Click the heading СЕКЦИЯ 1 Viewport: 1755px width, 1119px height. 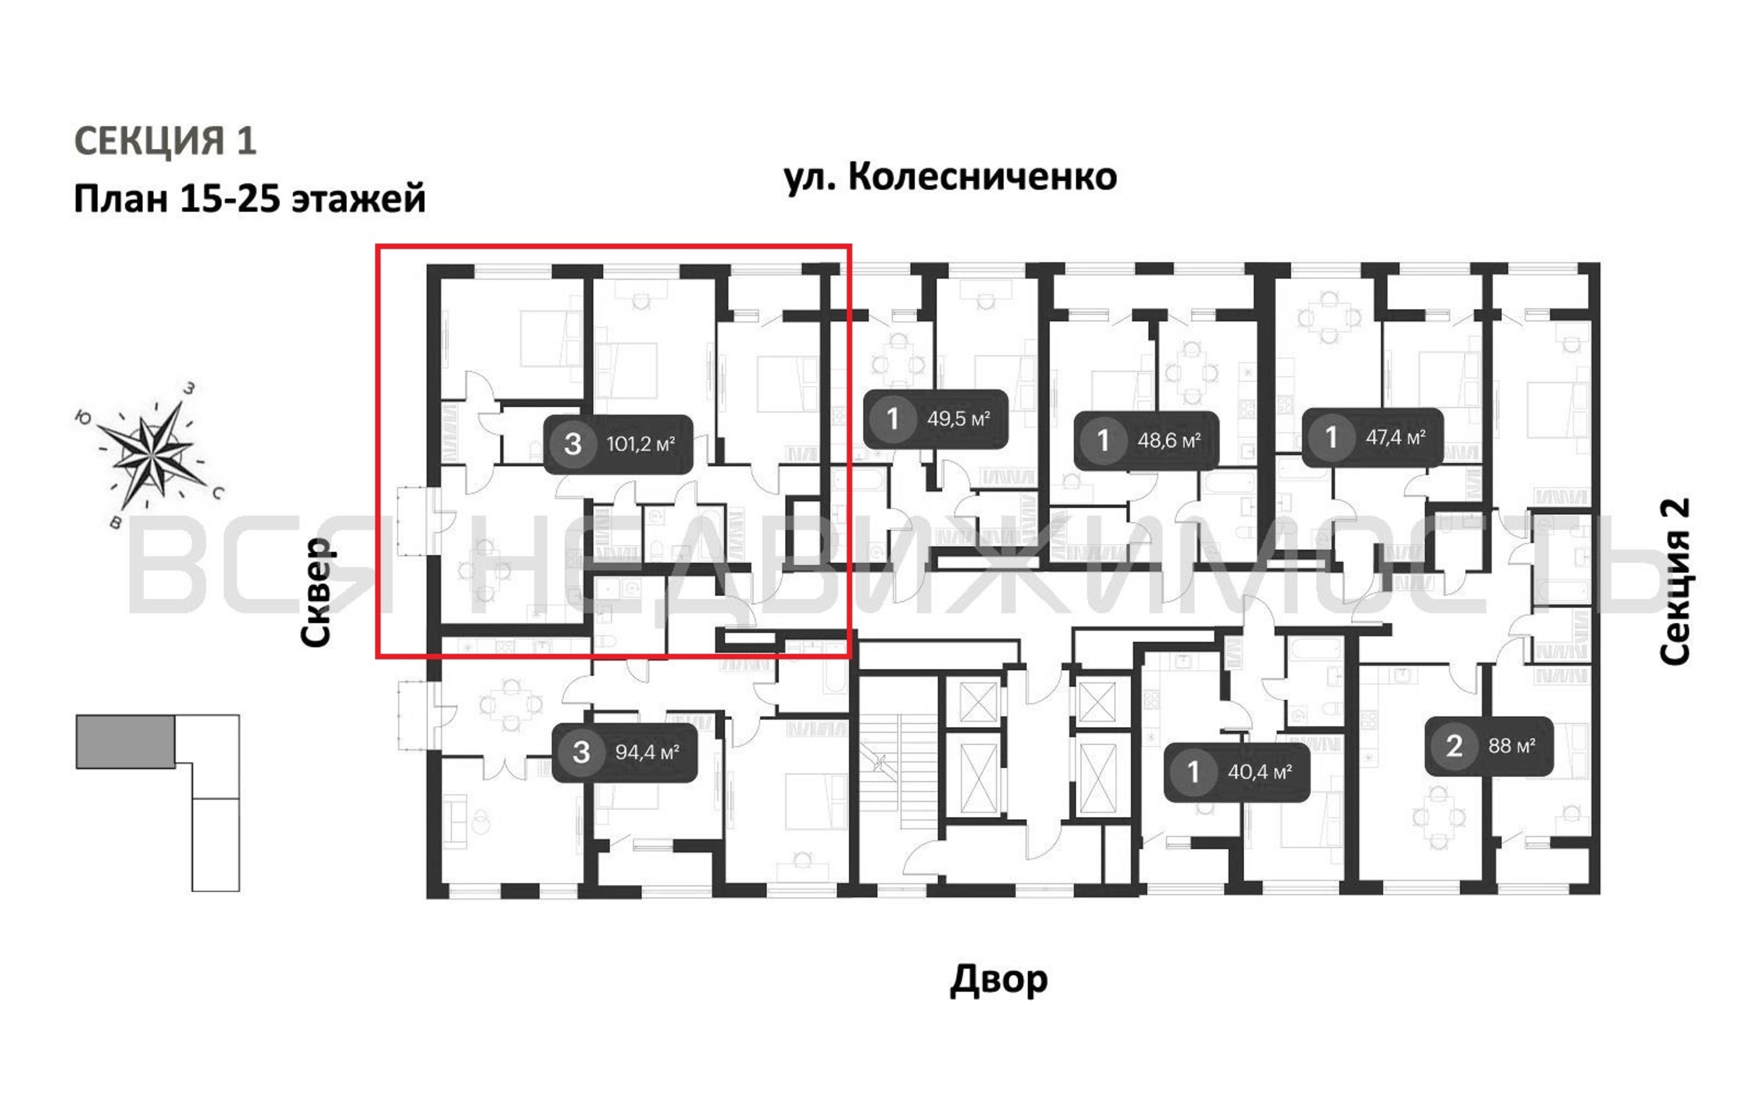[x=166, y=140]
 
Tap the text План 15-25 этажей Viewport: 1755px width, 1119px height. [x=250, y=198]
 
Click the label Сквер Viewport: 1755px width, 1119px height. [x=317, y=592]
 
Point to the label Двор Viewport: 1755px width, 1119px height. [x=999, y=980]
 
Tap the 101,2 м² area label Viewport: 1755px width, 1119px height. [x=640, y=444]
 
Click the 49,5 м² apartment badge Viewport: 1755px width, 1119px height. [x=936, y=419]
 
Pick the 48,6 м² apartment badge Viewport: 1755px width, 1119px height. [x=1146, y=440]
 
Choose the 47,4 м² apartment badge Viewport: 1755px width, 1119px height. [x=1372, y=438]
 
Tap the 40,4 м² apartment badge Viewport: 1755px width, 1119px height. [x=1237, y=772]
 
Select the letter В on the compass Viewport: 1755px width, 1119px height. [x=115, y=522]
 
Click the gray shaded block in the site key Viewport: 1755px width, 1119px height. [x=125, y=741]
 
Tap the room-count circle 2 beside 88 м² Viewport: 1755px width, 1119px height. [x=1454, y=746]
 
